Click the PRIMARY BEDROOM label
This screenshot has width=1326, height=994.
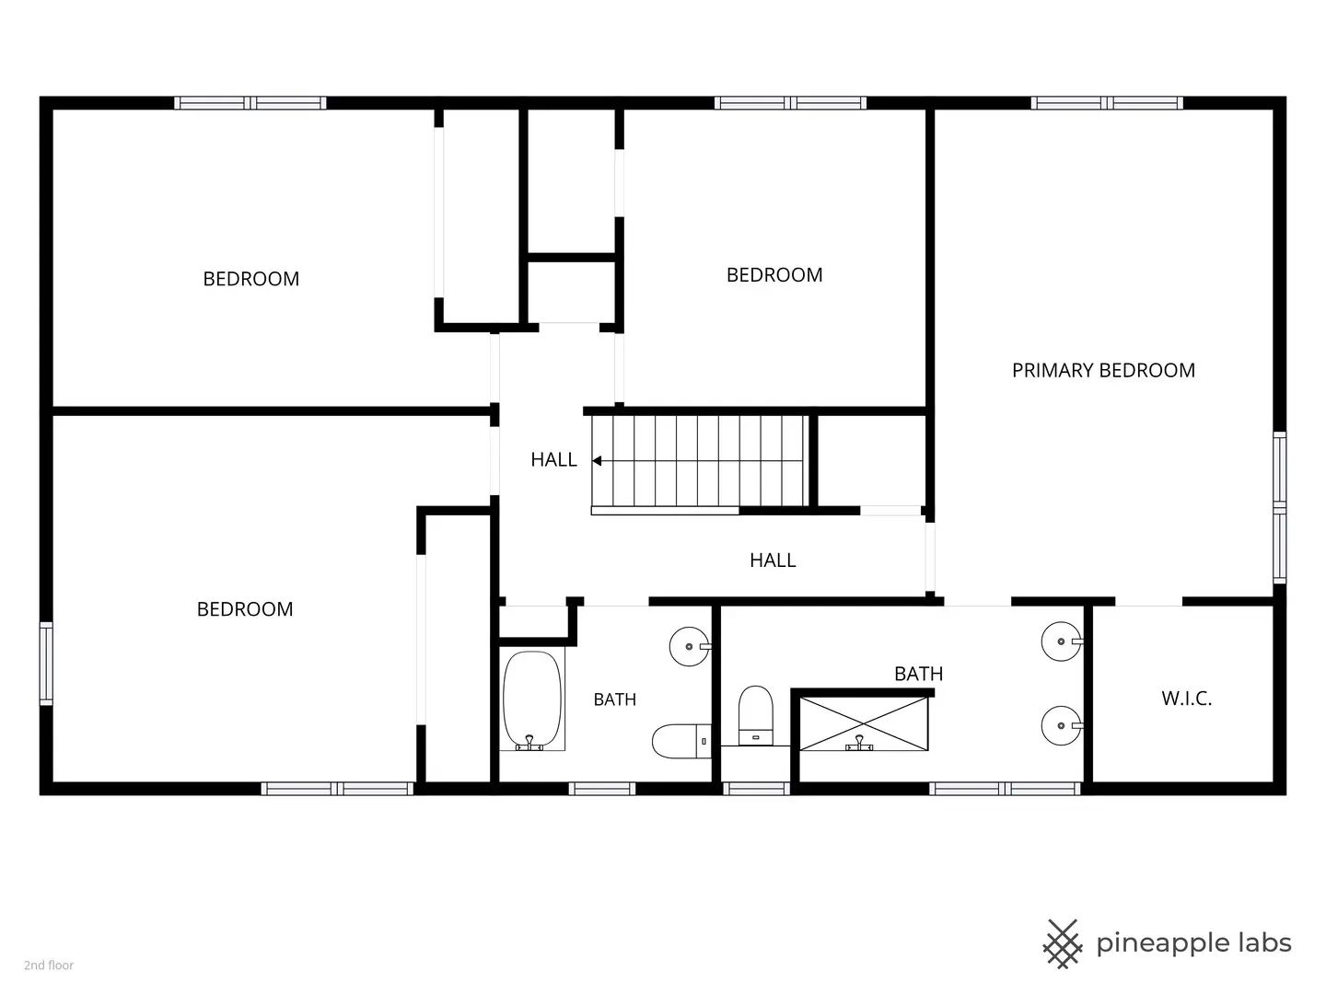1103,370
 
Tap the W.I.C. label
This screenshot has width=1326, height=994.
1186,699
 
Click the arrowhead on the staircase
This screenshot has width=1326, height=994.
597,461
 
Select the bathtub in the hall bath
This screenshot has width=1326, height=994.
531,700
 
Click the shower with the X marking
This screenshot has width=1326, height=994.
864,723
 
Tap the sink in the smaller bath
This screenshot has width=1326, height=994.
690,646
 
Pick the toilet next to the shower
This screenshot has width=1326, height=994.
756,716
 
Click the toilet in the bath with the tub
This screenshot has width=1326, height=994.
681,741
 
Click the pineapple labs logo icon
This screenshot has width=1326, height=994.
1062,944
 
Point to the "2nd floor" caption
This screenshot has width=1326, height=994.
49,965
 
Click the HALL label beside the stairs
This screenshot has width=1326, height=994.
554,460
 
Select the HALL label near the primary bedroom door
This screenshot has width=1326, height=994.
773,561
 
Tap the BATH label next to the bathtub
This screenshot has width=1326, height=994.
615,699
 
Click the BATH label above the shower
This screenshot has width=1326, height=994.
918,674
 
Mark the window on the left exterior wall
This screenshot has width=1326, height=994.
47,664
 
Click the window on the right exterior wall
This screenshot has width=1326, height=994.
1279,507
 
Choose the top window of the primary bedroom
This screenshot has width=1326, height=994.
1107,103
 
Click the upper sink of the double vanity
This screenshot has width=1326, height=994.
1062,641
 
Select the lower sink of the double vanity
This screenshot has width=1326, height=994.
1062,725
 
